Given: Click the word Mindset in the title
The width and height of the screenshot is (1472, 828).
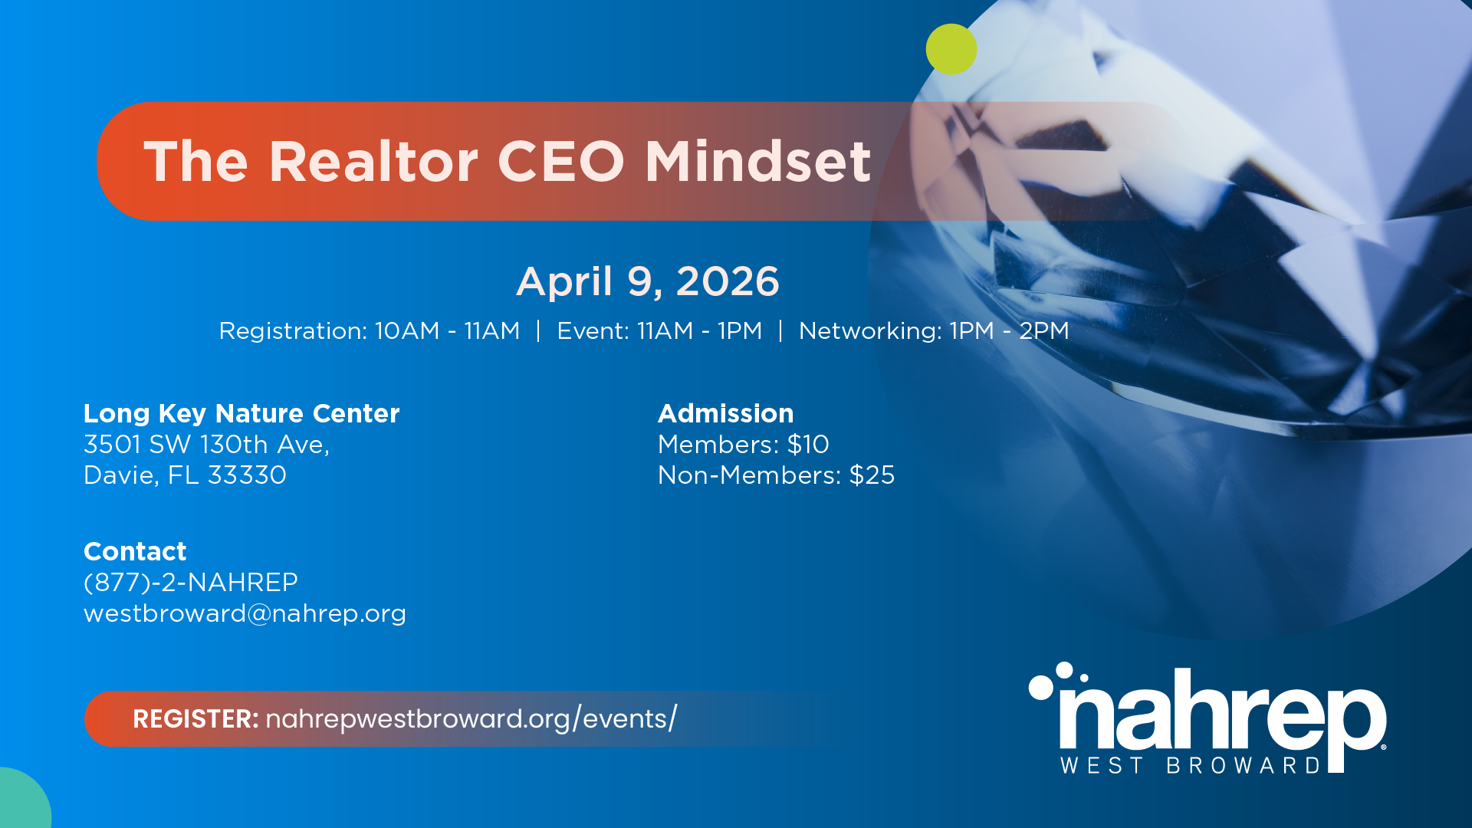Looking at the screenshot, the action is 757,162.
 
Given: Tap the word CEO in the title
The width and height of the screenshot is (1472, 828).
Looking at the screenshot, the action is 561,162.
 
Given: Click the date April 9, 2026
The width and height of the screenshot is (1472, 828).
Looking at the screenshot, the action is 648,281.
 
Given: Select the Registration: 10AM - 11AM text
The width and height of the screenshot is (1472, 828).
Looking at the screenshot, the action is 370,330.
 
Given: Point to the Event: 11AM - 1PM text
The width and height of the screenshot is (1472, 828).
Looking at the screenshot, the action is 659,330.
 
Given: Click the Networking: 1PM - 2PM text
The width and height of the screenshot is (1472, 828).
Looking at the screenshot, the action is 934,330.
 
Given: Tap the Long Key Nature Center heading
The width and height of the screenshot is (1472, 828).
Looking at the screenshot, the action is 242,413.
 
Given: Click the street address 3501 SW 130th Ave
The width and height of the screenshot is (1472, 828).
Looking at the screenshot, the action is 206,445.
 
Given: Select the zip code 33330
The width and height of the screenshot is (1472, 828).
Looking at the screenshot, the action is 247,475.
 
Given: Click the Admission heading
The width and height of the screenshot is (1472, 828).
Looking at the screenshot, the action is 725,413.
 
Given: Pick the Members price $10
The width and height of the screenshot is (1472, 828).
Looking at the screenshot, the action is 808,445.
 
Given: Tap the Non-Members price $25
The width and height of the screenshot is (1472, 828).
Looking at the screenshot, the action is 872,475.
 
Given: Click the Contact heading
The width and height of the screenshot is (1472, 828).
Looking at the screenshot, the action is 135,551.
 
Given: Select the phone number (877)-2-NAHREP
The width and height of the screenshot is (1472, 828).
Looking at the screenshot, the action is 191,583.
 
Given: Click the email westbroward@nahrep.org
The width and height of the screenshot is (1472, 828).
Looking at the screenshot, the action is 245,613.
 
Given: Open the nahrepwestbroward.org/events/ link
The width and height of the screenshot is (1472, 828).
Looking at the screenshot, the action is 472,719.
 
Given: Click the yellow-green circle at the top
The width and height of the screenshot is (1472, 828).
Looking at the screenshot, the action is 951,49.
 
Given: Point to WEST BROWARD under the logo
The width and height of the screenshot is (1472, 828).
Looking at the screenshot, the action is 1191,765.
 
